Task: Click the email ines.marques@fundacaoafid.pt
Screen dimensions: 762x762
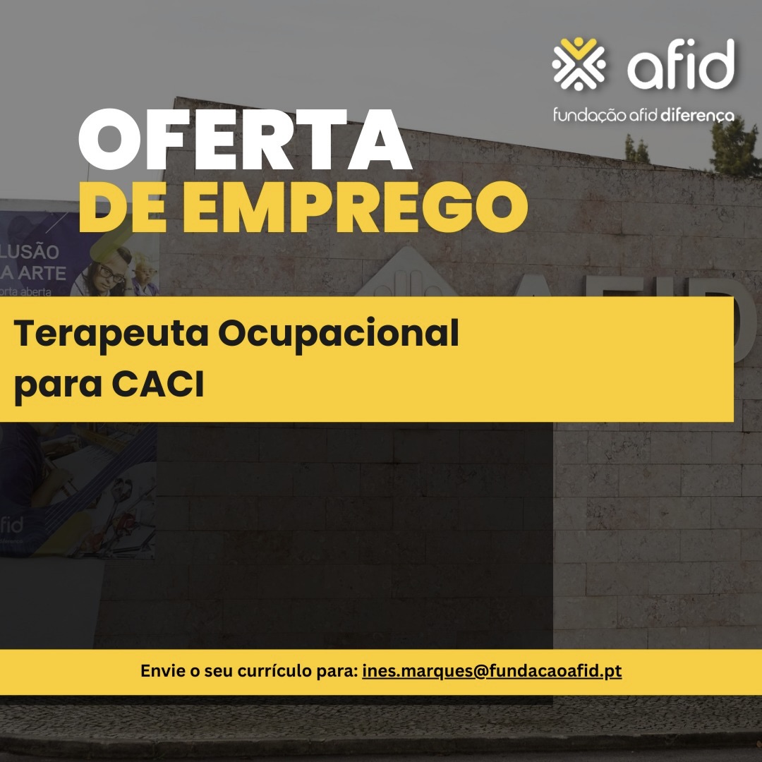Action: coord(492,671)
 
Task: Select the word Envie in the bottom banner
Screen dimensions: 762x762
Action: coord(162,671)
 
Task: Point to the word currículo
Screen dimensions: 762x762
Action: coord(269,671)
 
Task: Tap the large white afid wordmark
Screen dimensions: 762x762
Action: coord(681,65)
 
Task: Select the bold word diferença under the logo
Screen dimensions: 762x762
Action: coord(698,114)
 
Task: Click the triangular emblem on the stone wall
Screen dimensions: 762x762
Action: coord(406,275)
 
